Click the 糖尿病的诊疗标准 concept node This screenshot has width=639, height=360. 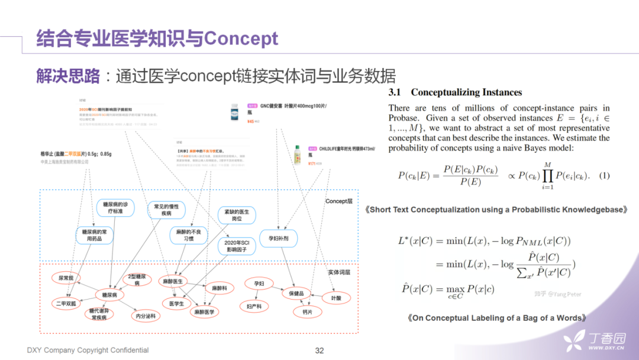(x=115, y=208)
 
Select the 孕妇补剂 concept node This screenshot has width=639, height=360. (x=278, y=238)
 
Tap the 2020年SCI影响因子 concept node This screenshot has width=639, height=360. (x=237, y=246)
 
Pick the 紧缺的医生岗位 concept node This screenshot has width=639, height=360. (x=237, y=215)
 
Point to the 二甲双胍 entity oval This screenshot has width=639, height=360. (x=64, y=303)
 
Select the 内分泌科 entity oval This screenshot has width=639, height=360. (x=146, y=316)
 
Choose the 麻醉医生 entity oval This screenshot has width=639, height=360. (x=173, y=281)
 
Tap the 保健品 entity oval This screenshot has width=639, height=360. (x=296, y=293)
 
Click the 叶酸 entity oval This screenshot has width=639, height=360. (x=336, y=298)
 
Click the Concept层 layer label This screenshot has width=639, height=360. (x=339, y=201)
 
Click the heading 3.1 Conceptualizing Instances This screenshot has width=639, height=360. (x=455, y=92)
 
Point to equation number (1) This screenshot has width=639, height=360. (x=604, y=175)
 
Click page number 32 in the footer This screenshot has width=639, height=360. (x=319, y=351)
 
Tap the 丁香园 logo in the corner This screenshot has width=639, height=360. (x=594, y=340)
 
